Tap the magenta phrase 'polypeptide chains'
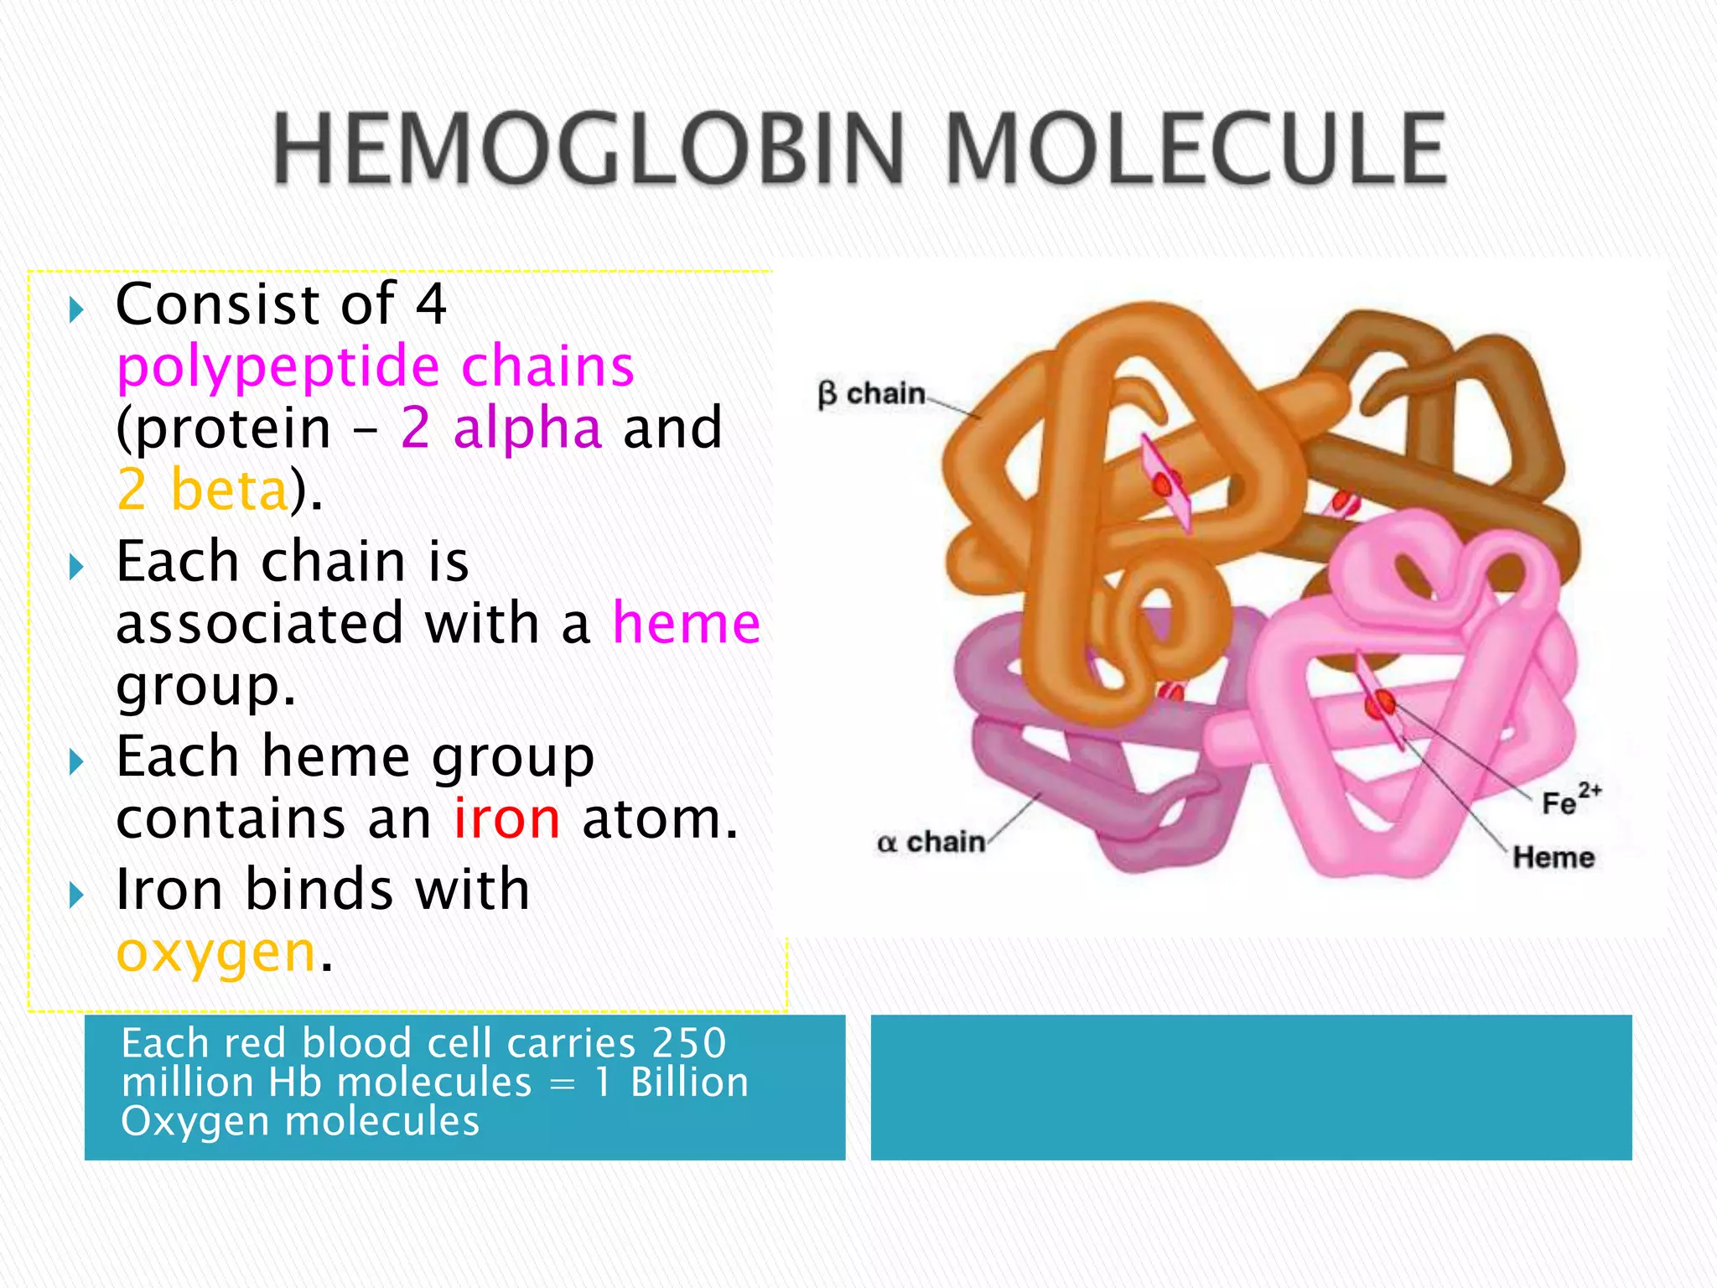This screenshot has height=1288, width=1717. [x=375, y=366]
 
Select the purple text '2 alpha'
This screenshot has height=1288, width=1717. [x=501, y=428]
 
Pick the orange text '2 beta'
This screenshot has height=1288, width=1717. [x=203, y=490]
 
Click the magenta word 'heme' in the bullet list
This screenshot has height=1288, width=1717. [x=686, y=624]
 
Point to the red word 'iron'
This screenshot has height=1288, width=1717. [x=506, y=819]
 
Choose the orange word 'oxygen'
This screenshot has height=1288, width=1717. [x=215, y=953]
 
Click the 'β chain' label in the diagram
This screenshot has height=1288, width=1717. [x=871, y=393]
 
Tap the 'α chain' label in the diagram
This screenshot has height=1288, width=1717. [x=931, y=842]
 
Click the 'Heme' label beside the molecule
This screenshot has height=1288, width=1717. [x=1553, y=857]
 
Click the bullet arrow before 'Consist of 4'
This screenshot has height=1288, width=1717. [x=76, y=310]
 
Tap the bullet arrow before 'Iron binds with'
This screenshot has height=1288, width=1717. [x=76, y=895]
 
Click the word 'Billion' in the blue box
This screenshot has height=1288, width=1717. [x=688, y=1083]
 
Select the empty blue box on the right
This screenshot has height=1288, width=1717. [x=1251, y=1087]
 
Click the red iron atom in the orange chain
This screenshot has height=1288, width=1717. [x=1164, y=485]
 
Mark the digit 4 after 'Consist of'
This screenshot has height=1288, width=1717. [x=431, y=304]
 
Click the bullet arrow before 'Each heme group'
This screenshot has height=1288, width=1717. [x=76, y=762]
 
